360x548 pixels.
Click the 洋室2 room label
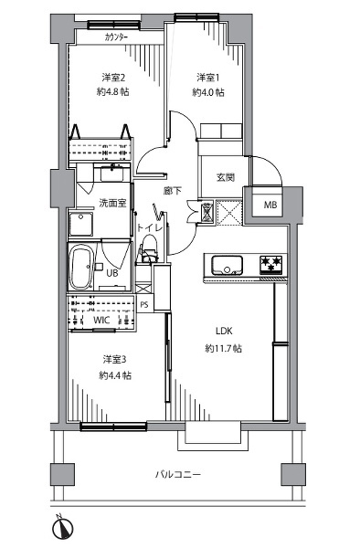tap(113, 77)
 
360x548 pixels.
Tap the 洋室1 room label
tap(208, 78)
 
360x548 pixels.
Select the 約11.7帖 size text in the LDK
tap(224, 348)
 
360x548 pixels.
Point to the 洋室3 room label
tap(114, 359)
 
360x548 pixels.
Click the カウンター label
tap(116, 37)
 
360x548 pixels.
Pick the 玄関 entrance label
tap(226, 177)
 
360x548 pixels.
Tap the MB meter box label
tap(270, 205)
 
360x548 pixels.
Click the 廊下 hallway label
tap(173, 191)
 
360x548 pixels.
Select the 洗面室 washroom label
tap(112, 203)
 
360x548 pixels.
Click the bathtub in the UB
tap(81, 267)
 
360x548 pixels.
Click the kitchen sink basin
tap(228, 265)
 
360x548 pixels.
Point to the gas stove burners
tap(270, 265)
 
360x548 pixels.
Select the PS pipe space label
tap(144, 305)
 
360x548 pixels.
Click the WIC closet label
tap(101, 320)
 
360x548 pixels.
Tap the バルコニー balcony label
tap(178, 474)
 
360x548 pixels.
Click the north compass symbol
tap(63, 528)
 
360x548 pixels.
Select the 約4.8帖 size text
tap(113, 92)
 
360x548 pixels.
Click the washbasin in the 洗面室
tap(111, 173)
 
